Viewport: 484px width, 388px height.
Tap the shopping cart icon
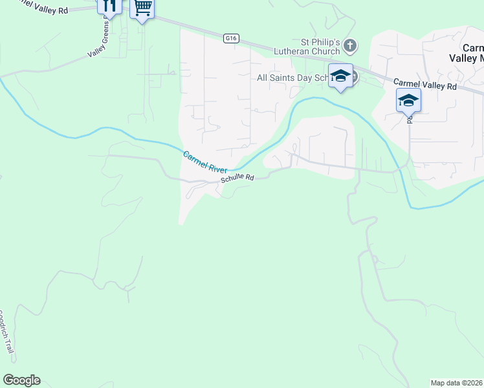[x=142, y=8]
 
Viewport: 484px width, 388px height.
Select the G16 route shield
[x=232, y=38]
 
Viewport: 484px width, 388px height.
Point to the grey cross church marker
[x=350, y=45]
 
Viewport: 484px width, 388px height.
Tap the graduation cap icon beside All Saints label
[x=340, y=76]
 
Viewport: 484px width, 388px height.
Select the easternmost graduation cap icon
[x=408, y=100]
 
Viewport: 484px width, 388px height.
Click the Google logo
[x=21, y=380]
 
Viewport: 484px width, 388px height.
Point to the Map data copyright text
[x=457, y=383]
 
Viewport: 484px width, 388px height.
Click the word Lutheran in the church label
[x=318, y=51]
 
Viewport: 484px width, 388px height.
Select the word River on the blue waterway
[x=216, y=166]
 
